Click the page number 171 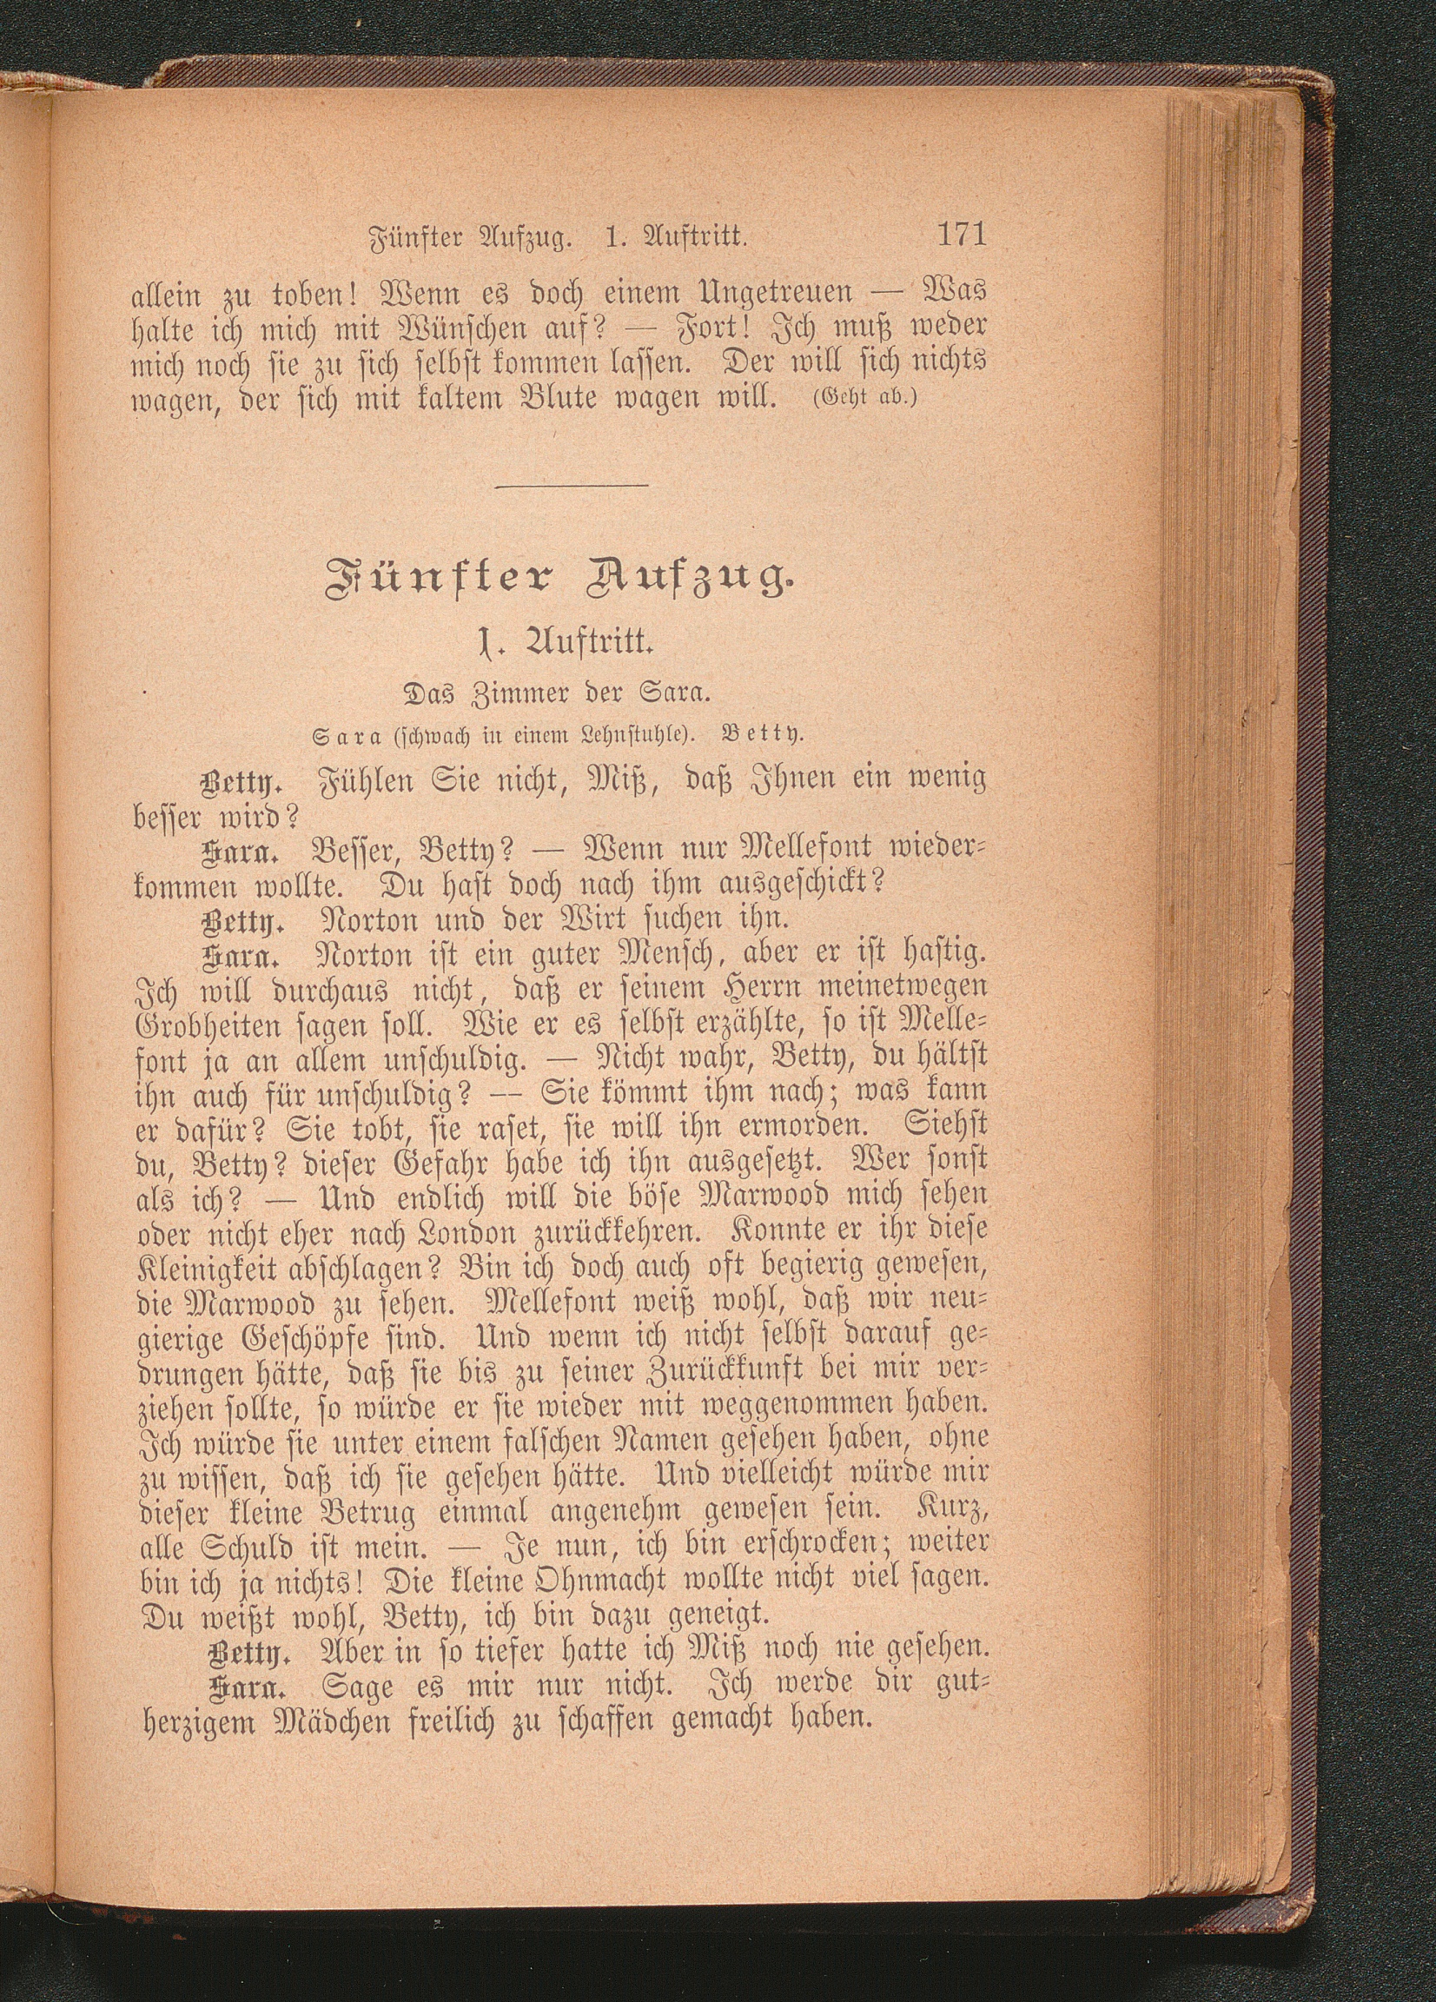pyautogui.click(x=960, y=237)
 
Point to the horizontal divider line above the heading pyautogui.click(x=571, y=484)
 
